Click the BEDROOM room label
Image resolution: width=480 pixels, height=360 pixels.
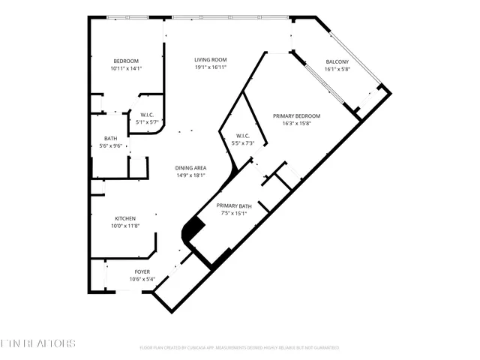coord(126,61)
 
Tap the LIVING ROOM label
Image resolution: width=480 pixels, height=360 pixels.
coord(211,60)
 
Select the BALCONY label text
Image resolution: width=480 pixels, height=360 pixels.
coord(337,61)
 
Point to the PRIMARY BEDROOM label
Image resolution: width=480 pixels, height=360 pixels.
coord(296,115)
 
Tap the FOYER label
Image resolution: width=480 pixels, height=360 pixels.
coord(142,271)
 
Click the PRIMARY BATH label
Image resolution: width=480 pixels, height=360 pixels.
coord(234,205)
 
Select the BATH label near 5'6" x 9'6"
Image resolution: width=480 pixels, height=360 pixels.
coord(110,138)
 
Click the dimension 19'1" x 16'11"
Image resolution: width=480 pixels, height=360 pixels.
coord(211,67)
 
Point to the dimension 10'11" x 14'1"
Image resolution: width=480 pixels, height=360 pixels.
coord(126,68)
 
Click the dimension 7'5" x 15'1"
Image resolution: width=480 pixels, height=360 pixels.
coord(234,213)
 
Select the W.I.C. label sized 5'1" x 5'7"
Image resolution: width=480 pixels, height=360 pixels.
coord(147,115)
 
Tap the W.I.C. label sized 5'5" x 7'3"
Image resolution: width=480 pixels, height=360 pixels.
coord(243,136)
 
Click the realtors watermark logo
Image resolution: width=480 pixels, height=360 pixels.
coord(38,343)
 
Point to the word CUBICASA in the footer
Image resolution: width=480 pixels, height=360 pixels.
coord(221,348)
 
